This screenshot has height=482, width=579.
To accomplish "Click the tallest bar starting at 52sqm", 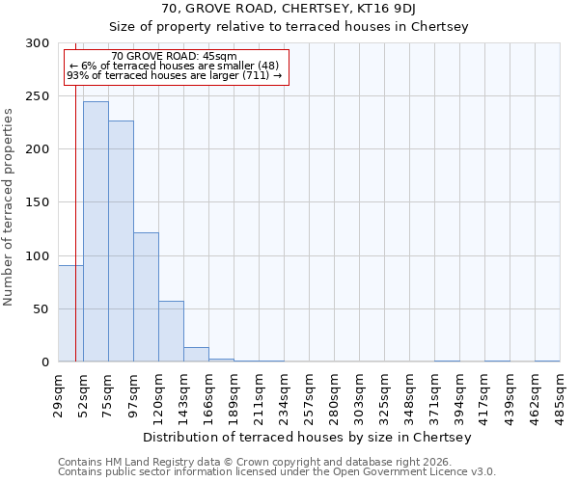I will point(96,231).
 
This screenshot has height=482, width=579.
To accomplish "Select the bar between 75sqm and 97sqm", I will point(121,241).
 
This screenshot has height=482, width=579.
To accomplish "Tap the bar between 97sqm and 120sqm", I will point(146,297).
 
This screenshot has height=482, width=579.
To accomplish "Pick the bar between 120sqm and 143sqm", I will point(171,331).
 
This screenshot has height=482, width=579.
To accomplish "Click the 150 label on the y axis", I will point(39,202).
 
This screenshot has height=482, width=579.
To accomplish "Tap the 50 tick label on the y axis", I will point(41,309).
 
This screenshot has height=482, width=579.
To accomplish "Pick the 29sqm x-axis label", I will point(58,393).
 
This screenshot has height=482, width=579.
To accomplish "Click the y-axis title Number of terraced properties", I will point(10,207).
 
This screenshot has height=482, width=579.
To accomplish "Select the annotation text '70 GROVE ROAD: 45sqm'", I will point(174,57).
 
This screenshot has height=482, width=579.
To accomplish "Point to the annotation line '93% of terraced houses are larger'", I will point(174,75).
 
